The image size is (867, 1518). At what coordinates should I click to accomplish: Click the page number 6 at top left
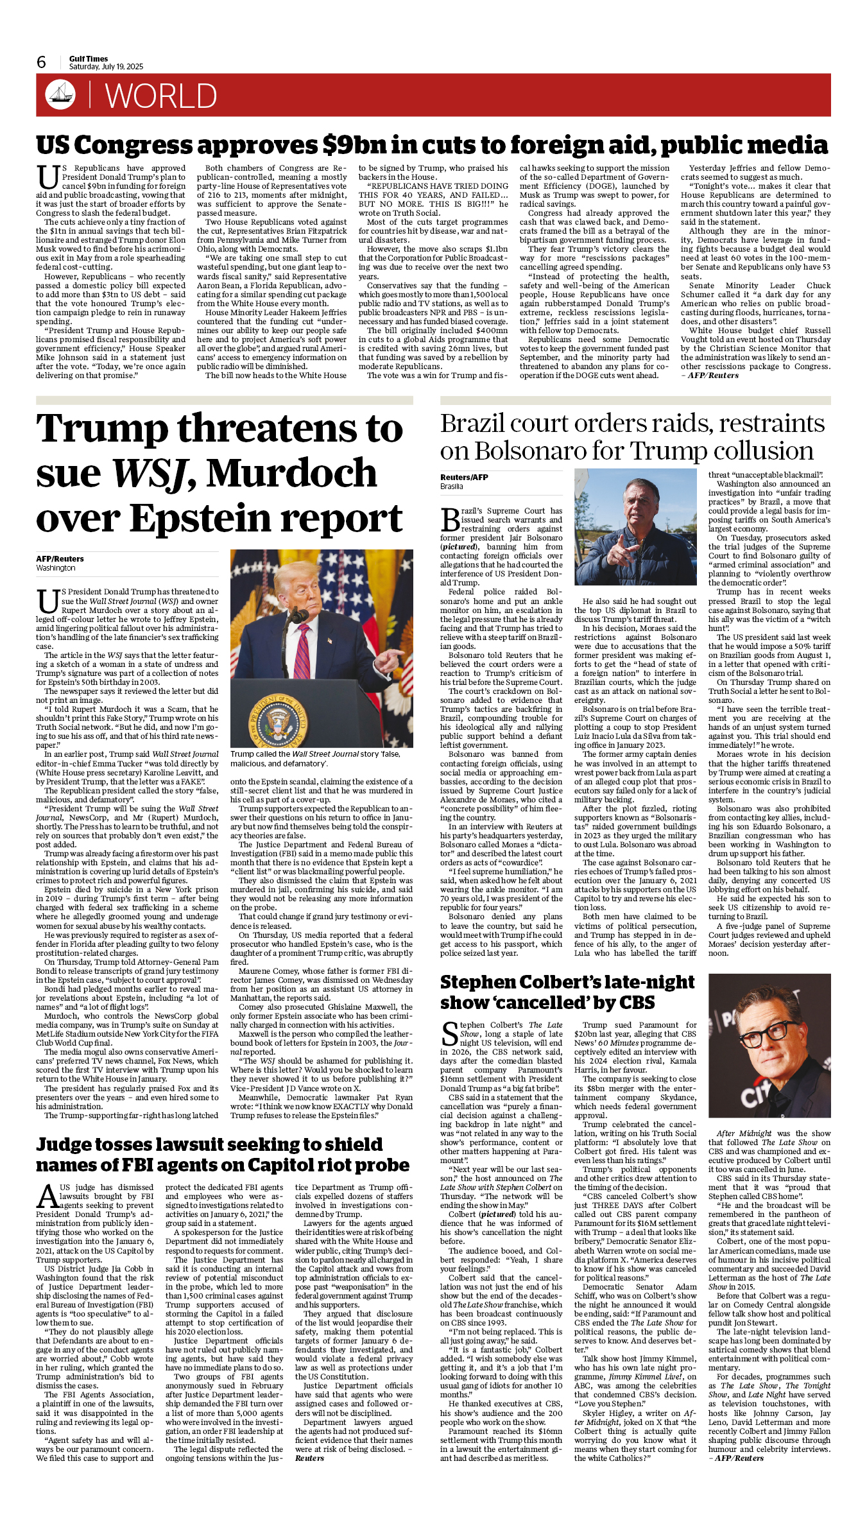pos(42,62)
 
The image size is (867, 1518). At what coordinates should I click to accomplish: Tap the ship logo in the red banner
pos(60,94)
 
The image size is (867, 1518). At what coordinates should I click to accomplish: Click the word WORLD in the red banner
pos(160,96)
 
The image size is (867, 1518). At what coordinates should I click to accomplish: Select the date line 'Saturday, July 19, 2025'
pos(106,67)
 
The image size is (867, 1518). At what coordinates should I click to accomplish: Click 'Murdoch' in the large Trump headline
pos(291,474)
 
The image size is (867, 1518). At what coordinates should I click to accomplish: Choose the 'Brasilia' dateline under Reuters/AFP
pos(452,487)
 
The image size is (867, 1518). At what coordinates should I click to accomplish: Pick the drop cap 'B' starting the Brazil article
pos(450,519)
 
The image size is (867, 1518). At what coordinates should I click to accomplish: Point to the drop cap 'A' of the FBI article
pos(47,1196)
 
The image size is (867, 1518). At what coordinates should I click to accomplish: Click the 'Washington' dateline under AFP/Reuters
pos(56,568)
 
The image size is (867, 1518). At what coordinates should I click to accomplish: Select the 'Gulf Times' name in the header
pos(89,58)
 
